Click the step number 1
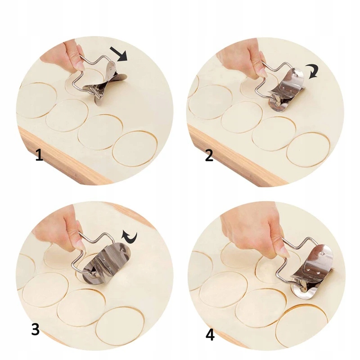(x=39, y=155)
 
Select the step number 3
(x=35, y=330)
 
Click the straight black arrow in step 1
(x=119, y=54)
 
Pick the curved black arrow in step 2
(x=313, y=72)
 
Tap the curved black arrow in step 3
(x=130, y=239)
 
